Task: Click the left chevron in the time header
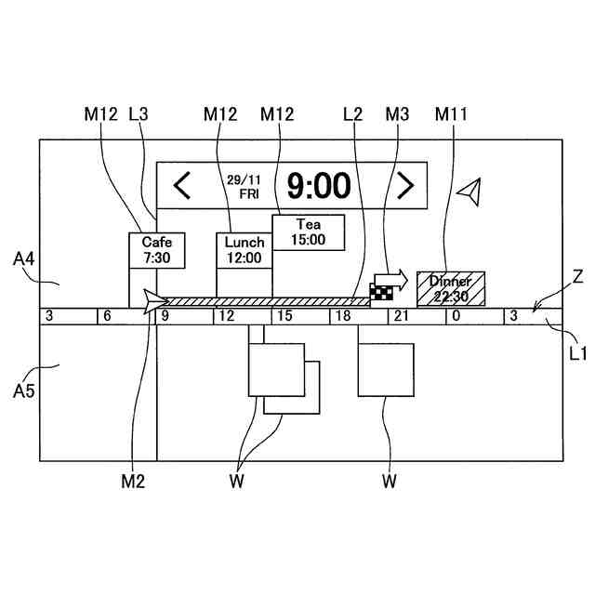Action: [x=182, y=186]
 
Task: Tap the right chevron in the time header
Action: [x=404, y=186]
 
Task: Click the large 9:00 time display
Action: [x=319, y=186]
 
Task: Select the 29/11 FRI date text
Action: [x=248, y=186]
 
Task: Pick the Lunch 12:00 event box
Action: [x=244, y=250]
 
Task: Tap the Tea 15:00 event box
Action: [x=308, y=231]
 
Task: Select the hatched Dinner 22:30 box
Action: [x=450, y=288]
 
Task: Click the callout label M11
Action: [x=450, y=113]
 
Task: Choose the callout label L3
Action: [x=139, y=113]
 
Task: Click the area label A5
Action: [x=25, y=390]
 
